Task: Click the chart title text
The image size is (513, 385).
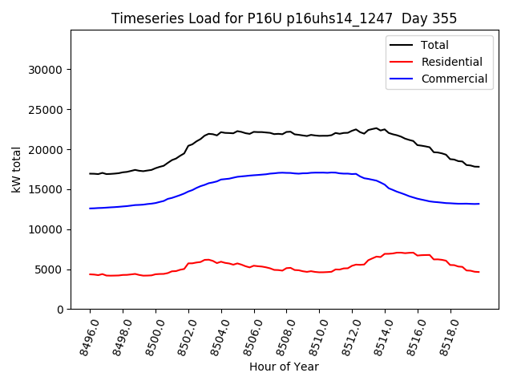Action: [x=284, y=18]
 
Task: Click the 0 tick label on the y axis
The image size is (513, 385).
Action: [x=60, y=310]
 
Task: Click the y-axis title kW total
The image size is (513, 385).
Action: [x=16, y=169]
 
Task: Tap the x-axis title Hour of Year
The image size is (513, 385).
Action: [x=284, y=367]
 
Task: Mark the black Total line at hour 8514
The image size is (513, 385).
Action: [x=385, y=129]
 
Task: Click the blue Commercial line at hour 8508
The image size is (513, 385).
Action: [x=286, y=172]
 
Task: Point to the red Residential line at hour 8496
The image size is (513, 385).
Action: [x=90, y=274]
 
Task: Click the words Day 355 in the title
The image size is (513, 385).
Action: [x=429, y=18]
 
